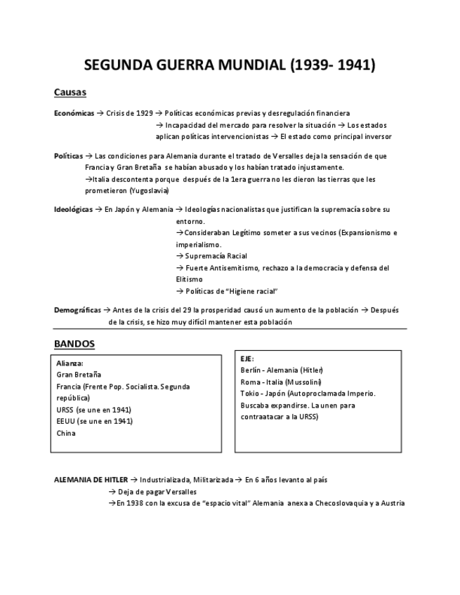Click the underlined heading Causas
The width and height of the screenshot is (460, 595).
[x=70, y=93]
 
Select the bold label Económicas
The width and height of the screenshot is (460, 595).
[x=74, y=113]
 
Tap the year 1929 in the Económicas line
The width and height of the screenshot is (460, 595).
[x=144, y=113]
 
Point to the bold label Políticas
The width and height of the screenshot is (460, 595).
[x=68, y=156]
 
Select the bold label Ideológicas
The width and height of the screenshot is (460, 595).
[x=73, y=210]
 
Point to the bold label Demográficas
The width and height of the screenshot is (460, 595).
[x=77, y=309]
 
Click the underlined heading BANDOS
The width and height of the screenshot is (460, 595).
[x=74, y=344]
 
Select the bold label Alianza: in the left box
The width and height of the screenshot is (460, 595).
[x=70, y=363]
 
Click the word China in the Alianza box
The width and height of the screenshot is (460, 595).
[x=66, y=433]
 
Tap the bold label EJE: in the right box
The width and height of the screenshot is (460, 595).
[x=247, y=359]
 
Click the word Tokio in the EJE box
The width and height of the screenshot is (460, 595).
[x=249, y=394]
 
